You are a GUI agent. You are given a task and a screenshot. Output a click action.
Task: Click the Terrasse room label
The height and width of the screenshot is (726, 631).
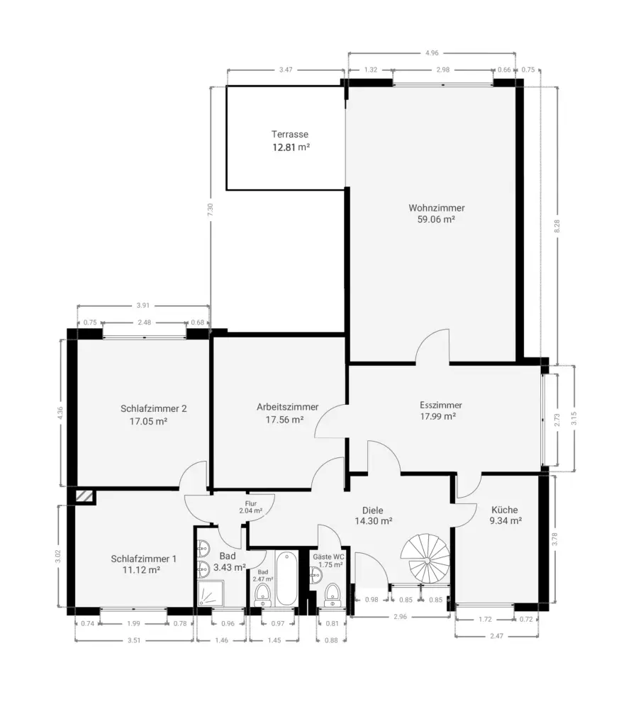pyautogui.click(x=290, y=134)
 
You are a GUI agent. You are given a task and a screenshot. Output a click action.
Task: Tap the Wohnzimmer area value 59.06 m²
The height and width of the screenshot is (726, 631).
pyautogui.click(x=436, y=220)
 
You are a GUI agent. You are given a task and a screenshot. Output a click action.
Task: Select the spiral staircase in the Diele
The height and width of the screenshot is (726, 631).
pyautogui.click(x=425, y=559)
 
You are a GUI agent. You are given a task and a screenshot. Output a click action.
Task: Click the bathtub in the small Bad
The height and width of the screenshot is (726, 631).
pyautogui.click(x=286, y=578)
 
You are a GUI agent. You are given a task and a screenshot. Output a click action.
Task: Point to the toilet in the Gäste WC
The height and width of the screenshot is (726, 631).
pyautogui.click(x=332, y=595)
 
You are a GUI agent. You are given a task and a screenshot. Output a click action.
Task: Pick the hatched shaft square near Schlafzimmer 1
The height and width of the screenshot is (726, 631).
pyautogui.click(x=84, y=496)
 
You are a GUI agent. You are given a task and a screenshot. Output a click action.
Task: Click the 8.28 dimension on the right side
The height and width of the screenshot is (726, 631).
pyautogui.click(x=557, y=226)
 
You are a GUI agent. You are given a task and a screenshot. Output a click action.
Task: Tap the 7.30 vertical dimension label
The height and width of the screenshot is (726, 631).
pyautogui.click(x=210, y=210)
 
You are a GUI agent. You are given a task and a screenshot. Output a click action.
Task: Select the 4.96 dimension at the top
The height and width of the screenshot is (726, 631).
pyautogui.click(x=432, y=52)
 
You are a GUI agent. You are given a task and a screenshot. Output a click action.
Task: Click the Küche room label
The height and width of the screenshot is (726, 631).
pyautogui.click(x=505, y=510)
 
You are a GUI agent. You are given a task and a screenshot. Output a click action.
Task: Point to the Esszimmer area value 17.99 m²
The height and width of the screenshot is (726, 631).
pyautogui.click(x=438, y=416)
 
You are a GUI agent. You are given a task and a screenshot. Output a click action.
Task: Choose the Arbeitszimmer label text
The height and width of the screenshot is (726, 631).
pyautogui.click(x=287, y=407)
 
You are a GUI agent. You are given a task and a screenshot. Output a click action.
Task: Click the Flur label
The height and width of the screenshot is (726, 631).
pyautogui.click(x=251, y=504)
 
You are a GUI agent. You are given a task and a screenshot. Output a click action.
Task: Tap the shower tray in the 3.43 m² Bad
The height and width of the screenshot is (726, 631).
pyautogui.click(x=210, y=593)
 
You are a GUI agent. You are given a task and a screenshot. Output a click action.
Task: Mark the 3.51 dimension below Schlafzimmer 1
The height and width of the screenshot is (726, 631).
pyautogui.click(x=134, y=640)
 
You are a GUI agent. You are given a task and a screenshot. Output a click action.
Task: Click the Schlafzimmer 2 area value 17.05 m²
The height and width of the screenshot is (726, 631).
pyautogui.click(x=148, y=421)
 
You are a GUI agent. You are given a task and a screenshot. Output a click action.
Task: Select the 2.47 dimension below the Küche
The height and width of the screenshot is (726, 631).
pyautogui.click(x=497, y=636)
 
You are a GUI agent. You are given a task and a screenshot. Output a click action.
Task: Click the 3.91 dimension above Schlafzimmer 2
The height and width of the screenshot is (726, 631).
pyautogui.click(x=143, y=306)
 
